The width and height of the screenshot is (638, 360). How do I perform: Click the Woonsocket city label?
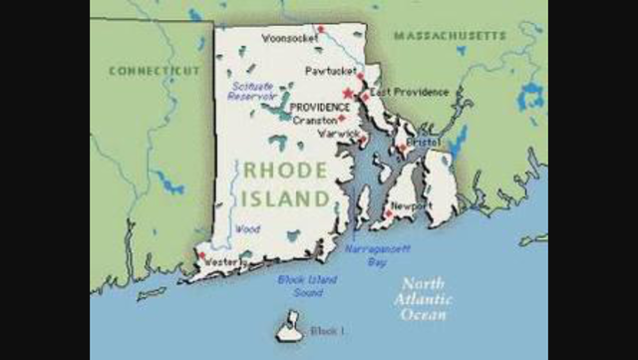pyautogui.click(x=289, y=39)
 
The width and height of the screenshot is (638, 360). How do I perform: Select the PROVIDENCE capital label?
pyautogui.click(x=319, y=107)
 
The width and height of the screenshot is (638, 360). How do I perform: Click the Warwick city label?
pyautogui.click(x=338, y=133)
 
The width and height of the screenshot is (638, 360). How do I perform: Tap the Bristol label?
pyautogui.click(x=423, y=144)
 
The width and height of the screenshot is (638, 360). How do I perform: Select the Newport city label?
pyautogui.click(x=409, y=205)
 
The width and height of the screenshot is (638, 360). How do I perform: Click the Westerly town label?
pyautogui.click(x=222, y=262)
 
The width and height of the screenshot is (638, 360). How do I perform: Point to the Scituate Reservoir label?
pyautogui.click(x=242, y=92)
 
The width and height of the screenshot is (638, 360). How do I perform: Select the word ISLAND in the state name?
pyautogui.click(x=285, y=198)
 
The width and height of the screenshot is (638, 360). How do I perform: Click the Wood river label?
pyautogui.click(x=248, y=228)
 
